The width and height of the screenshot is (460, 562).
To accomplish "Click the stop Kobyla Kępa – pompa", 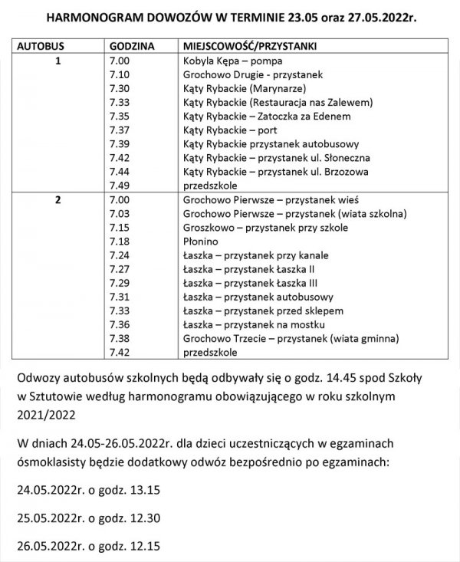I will coord(231,59).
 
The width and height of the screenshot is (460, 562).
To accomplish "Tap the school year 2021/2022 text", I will coord(45,416).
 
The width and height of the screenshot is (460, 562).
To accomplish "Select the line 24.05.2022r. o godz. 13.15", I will coord(93,488).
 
